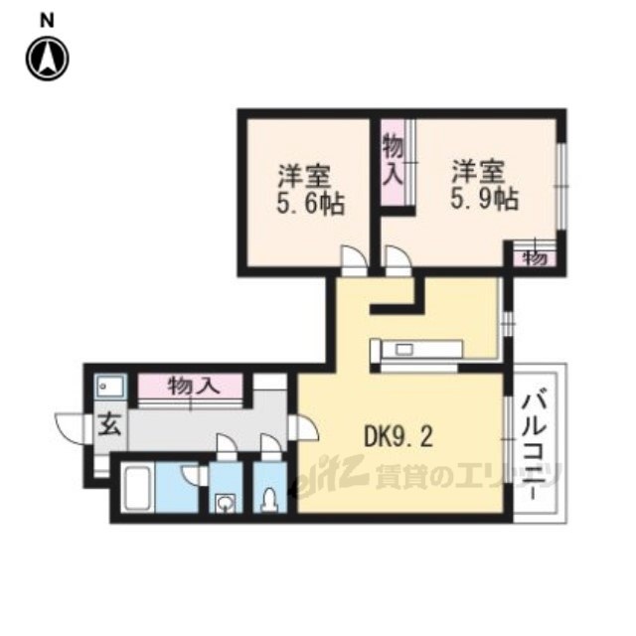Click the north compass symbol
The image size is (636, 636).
(x=48, y=59)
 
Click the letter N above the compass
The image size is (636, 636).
(x=47, y=21)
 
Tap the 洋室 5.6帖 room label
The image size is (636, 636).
(x=310, y=190)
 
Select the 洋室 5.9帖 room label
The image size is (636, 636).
(x=485, y=186)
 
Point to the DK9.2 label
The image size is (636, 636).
(x=398, y=437)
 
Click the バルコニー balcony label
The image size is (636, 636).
(x=536, y=442)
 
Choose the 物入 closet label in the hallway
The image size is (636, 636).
(x=194, y=386)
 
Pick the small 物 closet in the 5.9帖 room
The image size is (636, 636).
(x=535, y=258)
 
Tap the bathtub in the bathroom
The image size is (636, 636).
(x=137, y=487)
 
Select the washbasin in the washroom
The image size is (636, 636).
(x=225, y=503)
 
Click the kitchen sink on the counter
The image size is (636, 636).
(x=404, y=349)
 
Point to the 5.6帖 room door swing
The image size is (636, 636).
(x=354, y=260)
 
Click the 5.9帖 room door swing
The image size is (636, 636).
(x=398, y=260)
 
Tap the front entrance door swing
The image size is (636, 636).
(x=70, y=428)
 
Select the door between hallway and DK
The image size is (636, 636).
(x=304, y=427)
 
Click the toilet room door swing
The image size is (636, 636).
(x=271, y=446)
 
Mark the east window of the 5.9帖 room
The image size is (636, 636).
(x=560, y=186)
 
